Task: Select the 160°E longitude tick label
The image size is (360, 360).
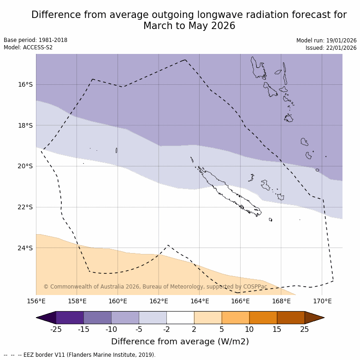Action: (x=118, y=301)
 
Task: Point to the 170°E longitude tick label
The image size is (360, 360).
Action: (x=322, y=301)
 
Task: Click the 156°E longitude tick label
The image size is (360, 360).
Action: (x=36, y=301)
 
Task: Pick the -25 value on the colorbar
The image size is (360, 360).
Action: (x=56, y=329)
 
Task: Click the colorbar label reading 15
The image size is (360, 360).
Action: (x=277, y=329)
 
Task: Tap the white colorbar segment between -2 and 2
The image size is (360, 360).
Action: (x=180, y=318)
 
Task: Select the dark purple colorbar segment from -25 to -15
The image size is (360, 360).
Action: (x=70, y=318)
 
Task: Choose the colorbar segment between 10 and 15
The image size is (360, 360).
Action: (x=263, y=318)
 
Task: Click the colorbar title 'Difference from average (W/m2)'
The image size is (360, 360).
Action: (x=180, y=342)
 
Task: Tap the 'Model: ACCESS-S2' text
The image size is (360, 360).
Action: (x=28, y=47)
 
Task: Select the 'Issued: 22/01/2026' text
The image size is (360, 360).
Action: (x=331, y=48)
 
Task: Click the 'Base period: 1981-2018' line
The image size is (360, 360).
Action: (x=35, y=40)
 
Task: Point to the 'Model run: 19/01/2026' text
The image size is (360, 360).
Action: (x=326, y=41)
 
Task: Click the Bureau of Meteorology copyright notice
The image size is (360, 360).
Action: (x=155, y=287)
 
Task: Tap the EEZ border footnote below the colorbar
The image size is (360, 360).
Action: (x=80, y=355)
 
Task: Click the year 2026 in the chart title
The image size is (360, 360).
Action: (x=223, y=26)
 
